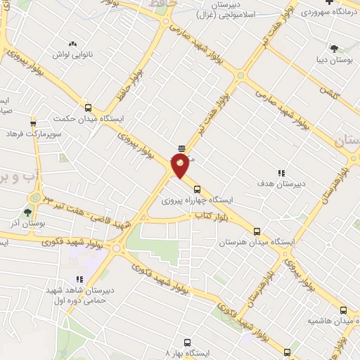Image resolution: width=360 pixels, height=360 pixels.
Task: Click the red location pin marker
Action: point(181,166)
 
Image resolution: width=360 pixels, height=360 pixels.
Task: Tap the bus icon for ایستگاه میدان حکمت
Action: point(89,108)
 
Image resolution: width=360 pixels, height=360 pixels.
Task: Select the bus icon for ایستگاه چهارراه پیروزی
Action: point(197,188)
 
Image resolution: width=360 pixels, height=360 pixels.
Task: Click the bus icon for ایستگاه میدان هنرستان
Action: point(257,231)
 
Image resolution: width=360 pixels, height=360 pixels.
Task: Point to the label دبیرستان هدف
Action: point(281,185)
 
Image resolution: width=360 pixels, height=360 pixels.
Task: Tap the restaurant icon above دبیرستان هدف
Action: point(281,173)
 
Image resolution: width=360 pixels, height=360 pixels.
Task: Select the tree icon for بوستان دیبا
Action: point(333,48)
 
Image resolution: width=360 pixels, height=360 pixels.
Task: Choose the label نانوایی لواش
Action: point(70,54)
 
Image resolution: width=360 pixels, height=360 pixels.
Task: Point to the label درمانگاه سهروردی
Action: point(326,12)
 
